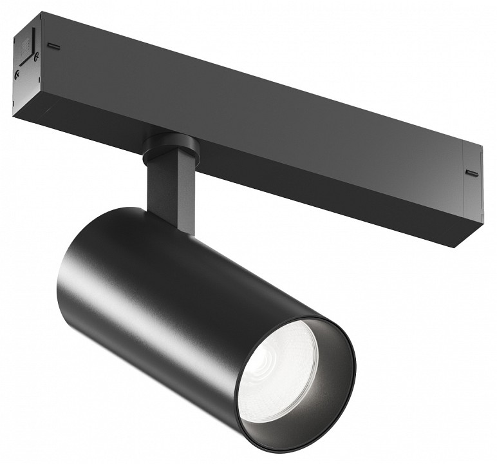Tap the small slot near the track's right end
(472, 172)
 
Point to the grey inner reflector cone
(322, 393)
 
